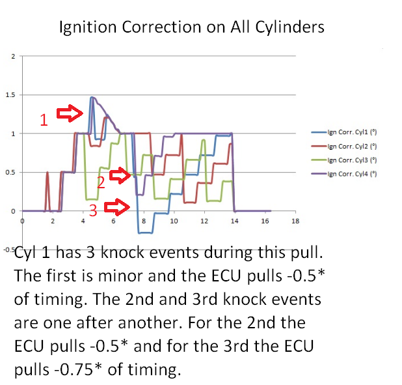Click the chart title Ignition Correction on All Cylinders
(x=191, y=28)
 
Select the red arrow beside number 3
(x=117, y=208)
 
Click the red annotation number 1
(x=44, y=120)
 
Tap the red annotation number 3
(x=93, y=210)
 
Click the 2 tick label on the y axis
(x=12, y=57)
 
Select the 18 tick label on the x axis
(x=295, y=221)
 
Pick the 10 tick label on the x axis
(x=174, y=221)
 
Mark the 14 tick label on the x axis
(x=234, y=221)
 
